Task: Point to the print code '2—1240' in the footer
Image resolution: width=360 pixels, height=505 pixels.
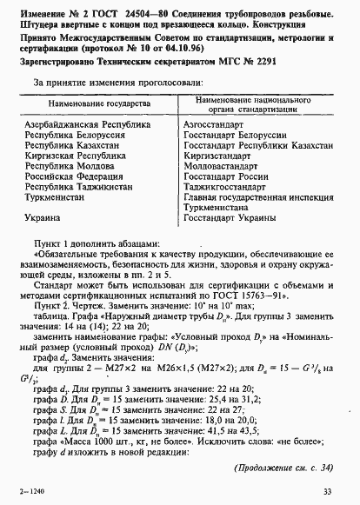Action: point(30,492)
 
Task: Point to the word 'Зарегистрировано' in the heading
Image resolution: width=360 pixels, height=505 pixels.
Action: point(54,63)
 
